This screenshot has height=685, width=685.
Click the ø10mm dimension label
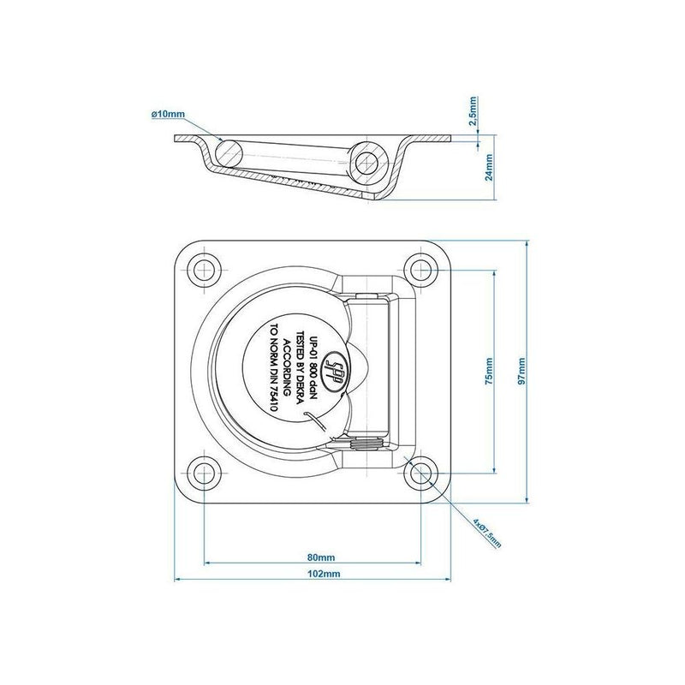[x=168, y=115]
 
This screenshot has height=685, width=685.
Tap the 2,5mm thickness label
[x=473, y=111]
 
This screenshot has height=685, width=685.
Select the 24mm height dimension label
[x=489, y=167]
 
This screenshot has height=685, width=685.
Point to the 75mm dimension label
[x=489, y=372]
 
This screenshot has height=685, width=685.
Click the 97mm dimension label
[x=521, y=372]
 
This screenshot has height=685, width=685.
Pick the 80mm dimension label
[x=321, y=557]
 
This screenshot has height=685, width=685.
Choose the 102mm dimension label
[x=324, y=574]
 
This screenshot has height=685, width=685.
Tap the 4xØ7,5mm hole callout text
[x=487, y=533]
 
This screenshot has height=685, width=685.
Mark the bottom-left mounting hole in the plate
[x=204, y=474]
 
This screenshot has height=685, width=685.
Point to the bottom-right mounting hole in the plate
[x=421, y=474]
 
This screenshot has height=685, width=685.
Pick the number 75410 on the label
[x=274, y=396]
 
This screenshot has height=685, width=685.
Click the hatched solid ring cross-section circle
[x=229, y=153]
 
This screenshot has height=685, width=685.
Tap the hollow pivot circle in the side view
[x=366, y=163]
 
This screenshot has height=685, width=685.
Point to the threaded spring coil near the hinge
[x=367, y=444]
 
